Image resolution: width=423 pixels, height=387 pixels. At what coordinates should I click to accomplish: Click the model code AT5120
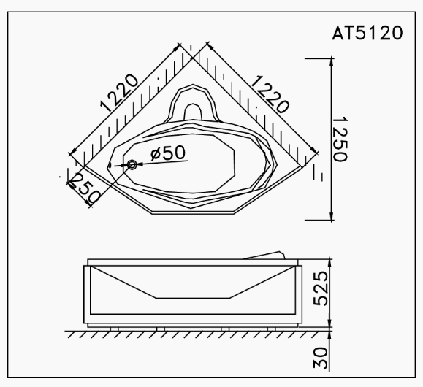tap(365, 34)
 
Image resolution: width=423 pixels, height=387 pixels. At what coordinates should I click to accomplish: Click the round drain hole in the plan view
tap(132, 165)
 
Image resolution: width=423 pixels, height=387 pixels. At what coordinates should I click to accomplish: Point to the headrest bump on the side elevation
tap(264, 253)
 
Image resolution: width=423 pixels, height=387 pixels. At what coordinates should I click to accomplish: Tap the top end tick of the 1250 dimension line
tap(329, 57)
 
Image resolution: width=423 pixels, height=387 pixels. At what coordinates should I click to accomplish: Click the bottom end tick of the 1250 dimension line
tap(329, 218)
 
